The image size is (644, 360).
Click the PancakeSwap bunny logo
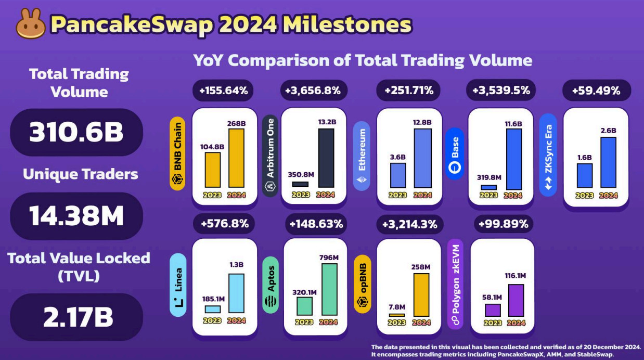(31, 24)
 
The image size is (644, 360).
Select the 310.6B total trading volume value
(76, 133)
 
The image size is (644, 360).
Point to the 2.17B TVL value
(76, 317)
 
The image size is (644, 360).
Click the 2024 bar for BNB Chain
(237, 158)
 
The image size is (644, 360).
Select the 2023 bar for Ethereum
(397, 175)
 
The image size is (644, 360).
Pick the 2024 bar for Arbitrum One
(326, 158)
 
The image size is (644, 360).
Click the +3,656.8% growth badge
(313, 91)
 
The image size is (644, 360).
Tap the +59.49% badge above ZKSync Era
(596, 91)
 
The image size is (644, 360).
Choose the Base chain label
(455, 154)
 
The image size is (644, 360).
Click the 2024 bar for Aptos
(329, 289)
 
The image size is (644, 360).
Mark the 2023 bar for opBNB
(396, 315)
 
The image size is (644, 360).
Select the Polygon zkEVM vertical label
(455, 284)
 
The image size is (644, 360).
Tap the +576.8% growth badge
(225, 224)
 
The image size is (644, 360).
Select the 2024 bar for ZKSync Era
(608, 162)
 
